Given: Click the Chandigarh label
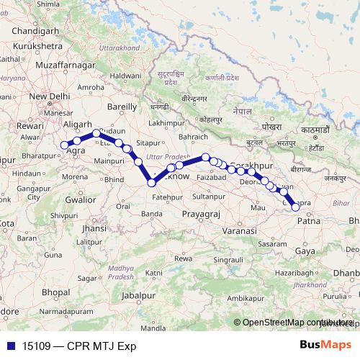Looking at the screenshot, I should click(x=30, y=32).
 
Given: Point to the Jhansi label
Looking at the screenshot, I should click(x=94, y=228).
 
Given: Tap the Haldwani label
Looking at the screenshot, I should click(x=125, y=75).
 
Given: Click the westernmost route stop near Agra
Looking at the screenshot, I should click(x=65, y=145).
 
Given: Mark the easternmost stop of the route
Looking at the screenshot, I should click(x=295, y=207).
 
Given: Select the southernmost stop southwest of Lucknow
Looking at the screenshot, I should click(x=151, y=183).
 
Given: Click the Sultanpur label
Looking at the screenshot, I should click(x=210, y=195).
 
